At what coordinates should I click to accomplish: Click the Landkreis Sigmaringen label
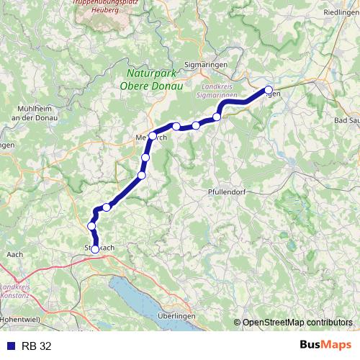tap(216, 91)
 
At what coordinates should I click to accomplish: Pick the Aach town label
tap(14, 254)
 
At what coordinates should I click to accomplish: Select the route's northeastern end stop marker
tap(269, 90)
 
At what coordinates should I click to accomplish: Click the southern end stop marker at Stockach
tap(95, 249)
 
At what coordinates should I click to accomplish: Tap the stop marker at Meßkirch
tap(153, 135)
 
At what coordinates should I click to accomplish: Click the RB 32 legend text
tap(36, 346)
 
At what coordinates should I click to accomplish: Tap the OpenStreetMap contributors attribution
tap(297, 322)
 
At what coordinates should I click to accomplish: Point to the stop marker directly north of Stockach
tap(91, 227)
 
